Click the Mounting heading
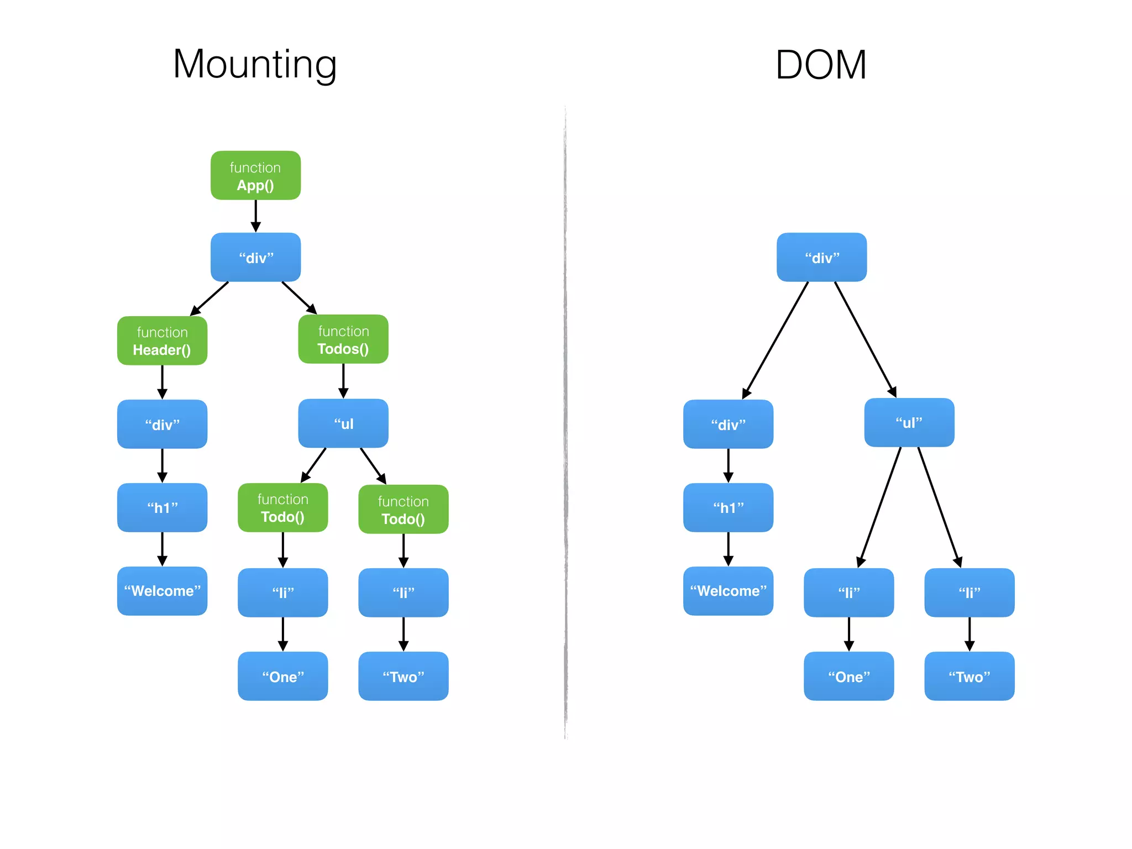pyautogui.click(x=255, y=65)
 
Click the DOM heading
pyautogui.click(x=821, y=65)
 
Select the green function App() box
pyautogui.click(x=255, y=175)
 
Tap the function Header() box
pyautogui.click(x=162, y=340)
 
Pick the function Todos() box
pyautogui.click(x=343, y=339)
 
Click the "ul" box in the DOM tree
pyautogui.click(x=909, y=422)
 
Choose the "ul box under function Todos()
pyautogui.click(x=343, y=423)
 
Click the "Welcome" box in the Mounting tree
pyautogui.click(x=162, y=591)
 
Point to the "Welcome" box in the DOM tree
pyautogui.click(x=728, y=591)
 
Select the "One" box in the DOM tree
pyautogui.click(x=848, y=676)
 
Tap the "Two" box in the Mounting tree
pyautogui.click(x=403, y=676)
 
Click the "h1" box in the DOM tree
pyautogui.click(x=728, y=507)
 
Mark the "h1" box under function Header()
pyautogui.click(x=162, y=507)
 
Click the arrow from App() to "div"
pyautogui.click(x=255, y=216)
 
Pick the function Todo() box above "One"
pyautogui.click(x=282, y=507)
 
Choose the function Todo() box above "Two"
pyautogui.click(x=403, y=509)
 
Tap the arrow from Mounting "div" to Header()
pyautogui.click(x=210, y=298)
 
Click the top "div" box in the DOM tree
pyautogui.click(x=821, y=257)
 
